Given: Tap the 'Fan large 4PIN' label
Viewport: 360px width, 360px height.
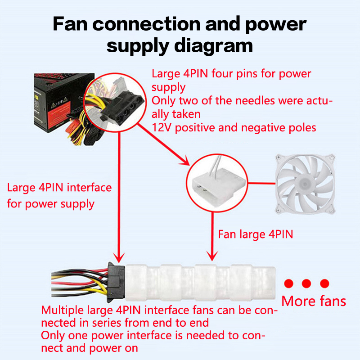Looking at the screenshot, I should click(x=255, y=234).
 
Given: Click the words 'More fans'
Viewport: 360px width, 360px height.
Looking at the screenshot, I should click(x=314, y=301).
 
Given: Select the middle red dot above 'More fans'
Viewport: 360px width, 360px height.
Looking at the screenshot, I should click(x=306, y=283).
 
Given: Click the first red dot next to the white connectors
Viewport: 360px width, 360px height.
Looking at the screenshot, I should click(x=289, y=283).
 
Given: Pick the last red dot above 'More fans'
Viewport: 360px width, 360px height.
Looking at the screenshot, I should click(x=324, y=283).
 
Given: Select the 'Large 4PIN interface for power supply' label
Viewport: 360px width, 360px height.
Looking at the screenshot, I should click(x=58, y=195).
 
